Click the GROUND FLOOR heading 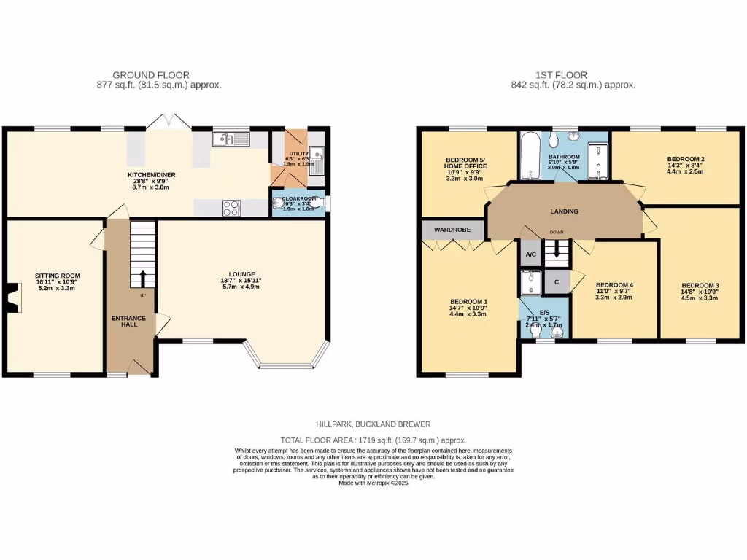(151, 75)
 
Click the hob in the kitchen (231, 208)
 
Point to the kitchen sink (231, 138)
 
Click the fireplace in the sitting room (11, 295)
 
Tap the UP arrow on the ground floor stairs (142, 278)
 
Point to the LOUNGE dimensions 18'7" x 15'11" (241, 281)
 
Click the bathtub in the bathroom (529, 155)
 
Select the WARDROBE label (452, 230)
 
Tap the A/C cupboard (530, 254)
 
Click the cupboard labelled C (557, 281)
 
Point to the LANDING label (564, 211)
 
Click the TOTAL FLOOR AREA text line (373, 440)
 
